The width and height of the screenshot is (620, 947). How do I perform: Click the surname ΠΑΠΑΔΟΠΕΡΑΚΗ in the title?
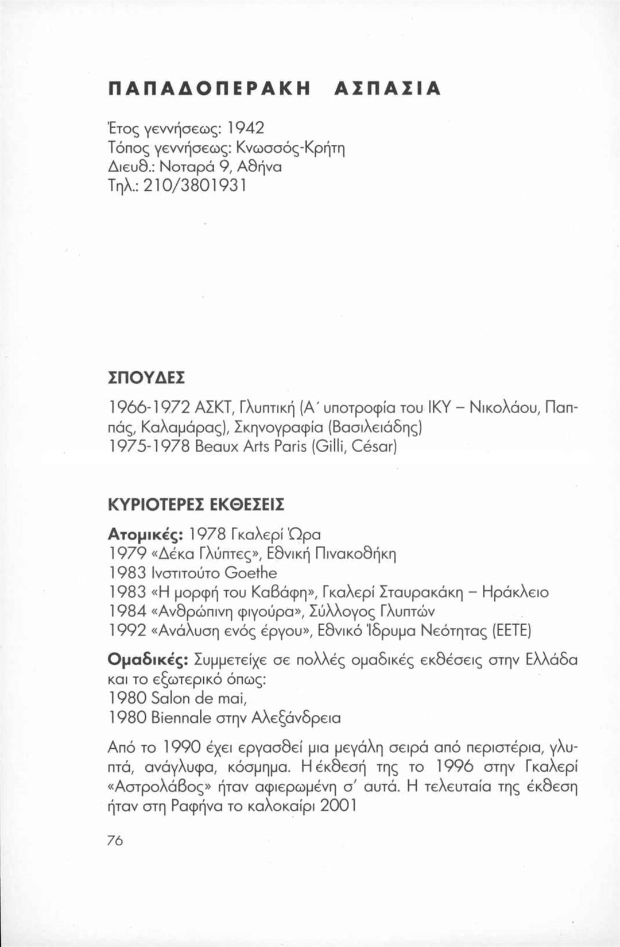click(209, 88)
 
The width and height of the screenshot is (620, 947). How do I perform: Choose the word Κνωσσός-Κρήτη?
click(296, 147)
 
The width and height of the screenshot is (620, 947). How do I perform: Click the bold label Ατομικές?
click(145, 534)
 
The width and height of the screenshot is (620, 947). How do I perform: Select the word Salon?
click(170, 698)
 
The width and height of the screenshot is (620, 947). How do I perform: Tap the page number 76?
click(115, 840)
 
